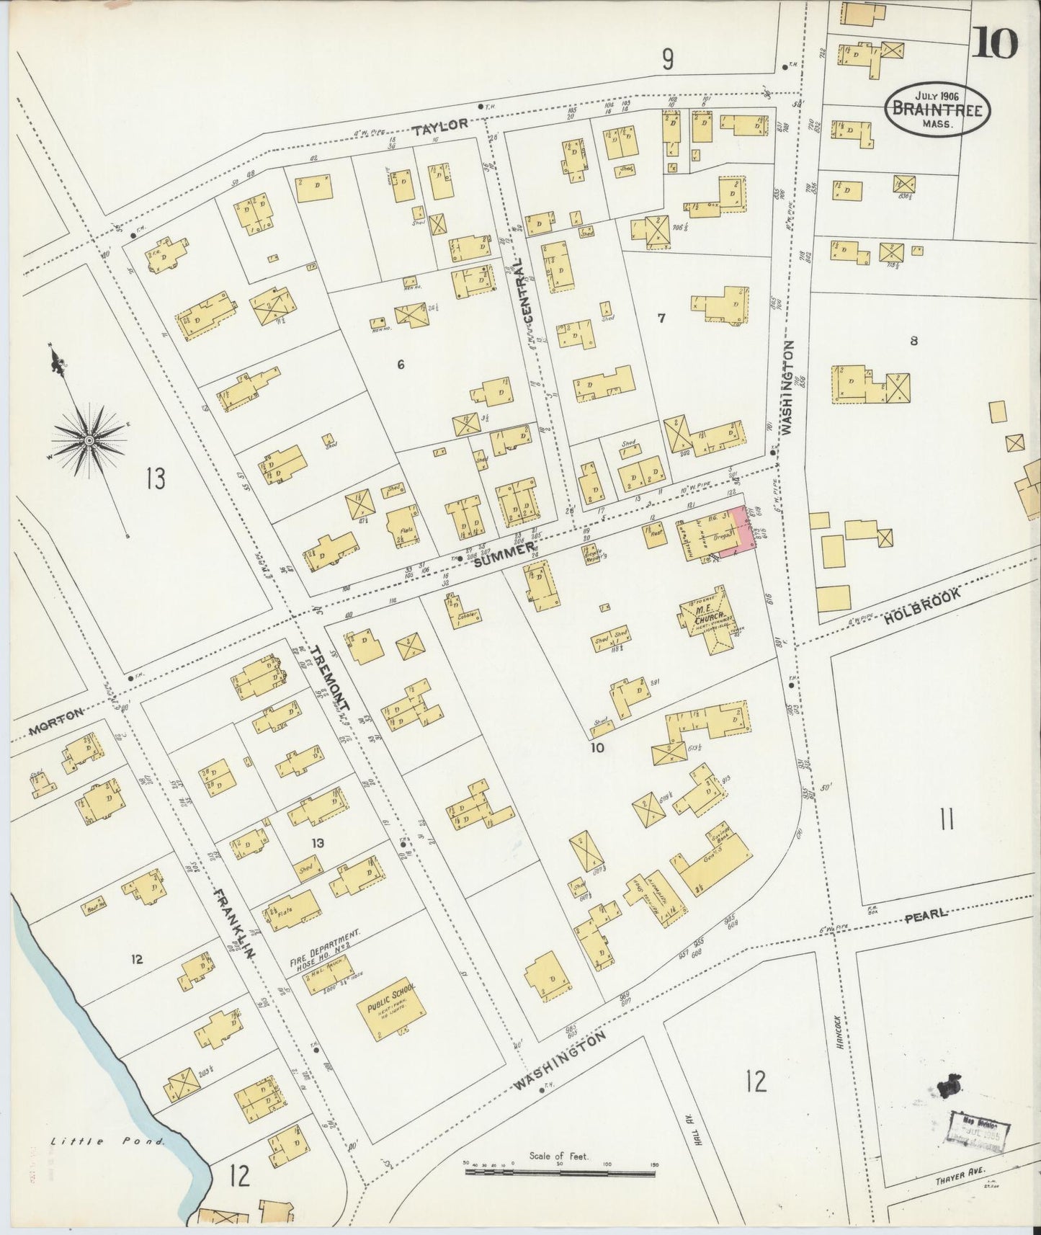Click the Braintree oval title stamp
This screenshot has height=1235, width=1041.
(x=937, y=110)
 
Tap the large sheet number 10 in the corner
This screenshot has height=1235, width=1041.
(x=995, y=44)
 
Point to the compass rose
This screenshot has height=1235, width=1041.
(x=89, y=440)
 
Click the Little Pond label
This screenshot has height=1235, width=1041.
(x=108, y=1141)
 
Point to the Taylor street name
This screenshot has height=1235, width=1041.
(x=440, y=125)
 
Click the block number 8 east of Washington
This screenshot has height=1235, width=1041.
(x=913, y=342)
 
